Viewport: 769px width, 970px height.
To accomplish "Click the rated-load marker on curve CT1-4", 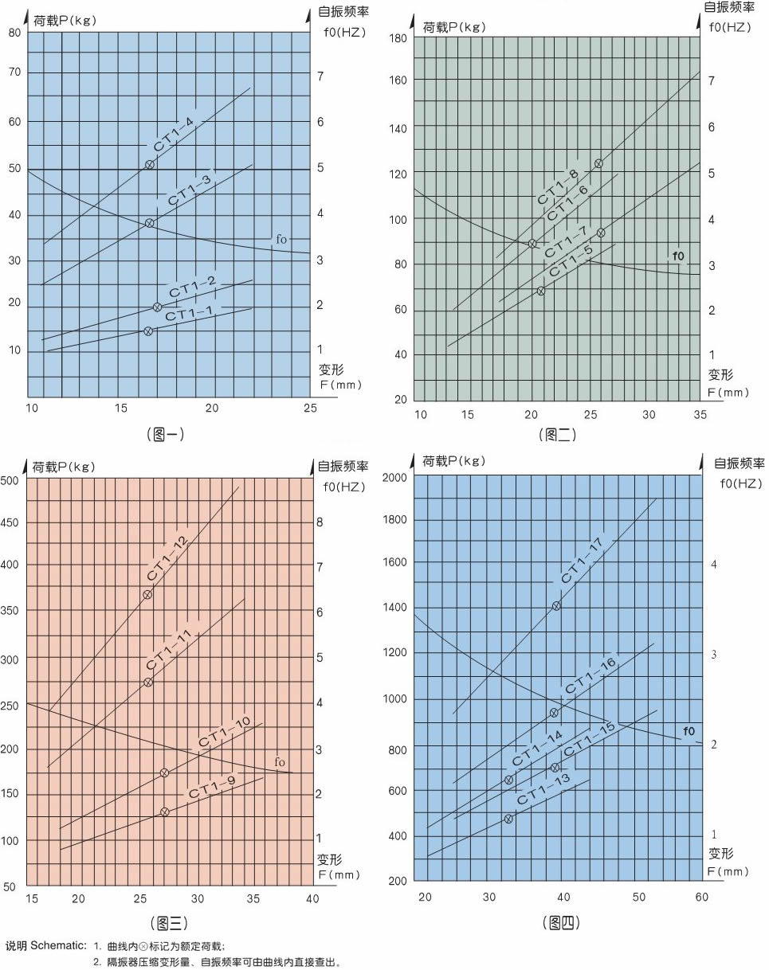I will coord(150,165).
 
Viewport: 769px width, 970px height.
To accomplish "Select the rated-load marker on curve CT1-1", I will coord(148,331).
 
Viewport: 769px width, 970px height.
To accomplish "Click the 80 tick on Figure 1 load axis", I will coord(14,33).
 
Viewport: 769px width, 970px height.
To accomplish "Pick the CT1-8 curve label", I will coord(558,186).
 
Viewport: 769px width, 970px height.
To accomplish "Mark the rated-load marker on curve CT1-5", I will coord(541,291).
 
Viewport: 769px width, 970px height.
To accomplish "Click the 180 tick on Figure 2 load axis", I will coord(398,38).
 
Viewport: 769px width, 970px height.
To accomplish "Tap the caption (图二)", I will coord(557,434).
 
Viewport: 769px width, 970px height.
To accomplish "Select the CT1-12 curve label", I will coord(167,558).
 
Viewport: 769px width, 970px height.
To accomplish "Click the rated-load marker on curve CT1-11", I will coord(147,683).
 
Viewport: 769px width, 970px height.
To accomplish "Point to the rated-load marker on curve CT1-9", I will coord(165,812).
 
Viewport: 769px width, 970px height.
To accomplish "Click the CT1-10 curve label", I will coord(225,733).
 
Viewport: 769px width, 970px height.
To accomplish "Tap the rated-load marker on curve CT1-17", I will coord(556,606).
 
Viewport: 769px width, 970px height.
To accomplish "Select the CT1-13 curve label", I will coord(543,789).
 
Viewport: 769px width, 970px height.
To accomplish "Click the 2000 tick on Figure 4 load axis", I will coord(396,476).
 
